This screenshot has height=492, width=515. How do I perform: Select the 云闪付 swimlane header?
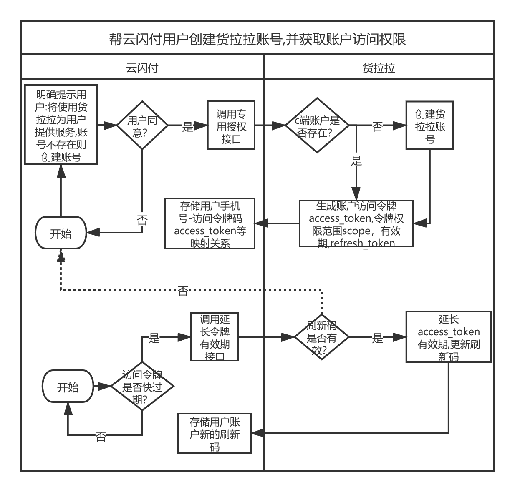pyautogui.click(x=142, y=68)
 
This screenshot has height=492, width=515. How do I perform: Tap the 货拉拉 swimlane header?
pyautogui.click(x=379, y=68)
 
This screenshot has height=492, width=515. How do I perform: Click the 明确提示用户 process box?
pyautogui.click(x=61, y=125)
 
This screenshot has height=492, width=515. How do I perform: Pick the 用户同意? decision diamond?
pyautogui.click(x=142, y=125)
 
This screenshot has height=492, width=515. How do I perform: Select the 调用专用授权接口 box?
pyautogui.click(x=231, y=126)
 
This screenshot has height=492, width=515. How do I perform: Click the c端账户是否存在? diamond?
pyautogui.click(x=317, y=125)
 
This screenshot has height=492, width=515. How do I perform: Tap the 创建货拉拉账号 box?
pyautogui.click(x=430, y=126)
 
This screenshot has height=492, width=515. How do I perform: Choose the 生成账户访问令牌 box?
pyautogui.click(x=356, y=224)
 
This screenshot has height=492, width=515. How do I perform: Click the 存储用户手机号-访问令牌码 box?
pyautogui.click(x=210, y=224)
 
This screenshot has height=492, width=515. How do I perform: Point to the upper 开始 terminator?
pyautogui.click(x=61, y=233)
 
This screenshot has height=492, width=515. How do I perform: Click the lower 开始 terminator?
pyautogui.click(x=68, y=387)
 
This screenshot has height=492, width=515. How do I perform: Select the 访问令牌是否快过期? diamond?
pyautogui.click(x=142, y=386)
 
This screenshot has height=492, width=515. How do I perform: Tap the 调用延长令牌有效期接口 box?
pyautogui.click(x=215, y=337)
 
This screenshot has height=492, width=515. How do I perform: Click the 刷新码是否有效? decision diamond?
pyautogui.click(x=321, y=337)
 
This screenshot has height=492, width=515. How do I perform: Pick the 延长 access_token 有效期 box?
pyautogui.click(x=449, y=337)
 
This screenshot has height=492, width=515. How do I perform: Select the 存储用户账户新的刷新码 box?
pyautogui.click(x=215, y=434)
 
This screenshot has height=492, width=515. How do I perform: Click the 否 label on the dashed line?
pyautogui.click(x=183, y=290)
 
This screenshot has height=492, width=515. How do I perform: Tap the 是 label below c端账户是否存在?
pyautogui.click(x=356, y=159)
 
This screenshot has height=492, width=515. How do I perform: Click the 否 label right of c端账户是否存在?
pyautogui.click(x=377, y=126)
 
